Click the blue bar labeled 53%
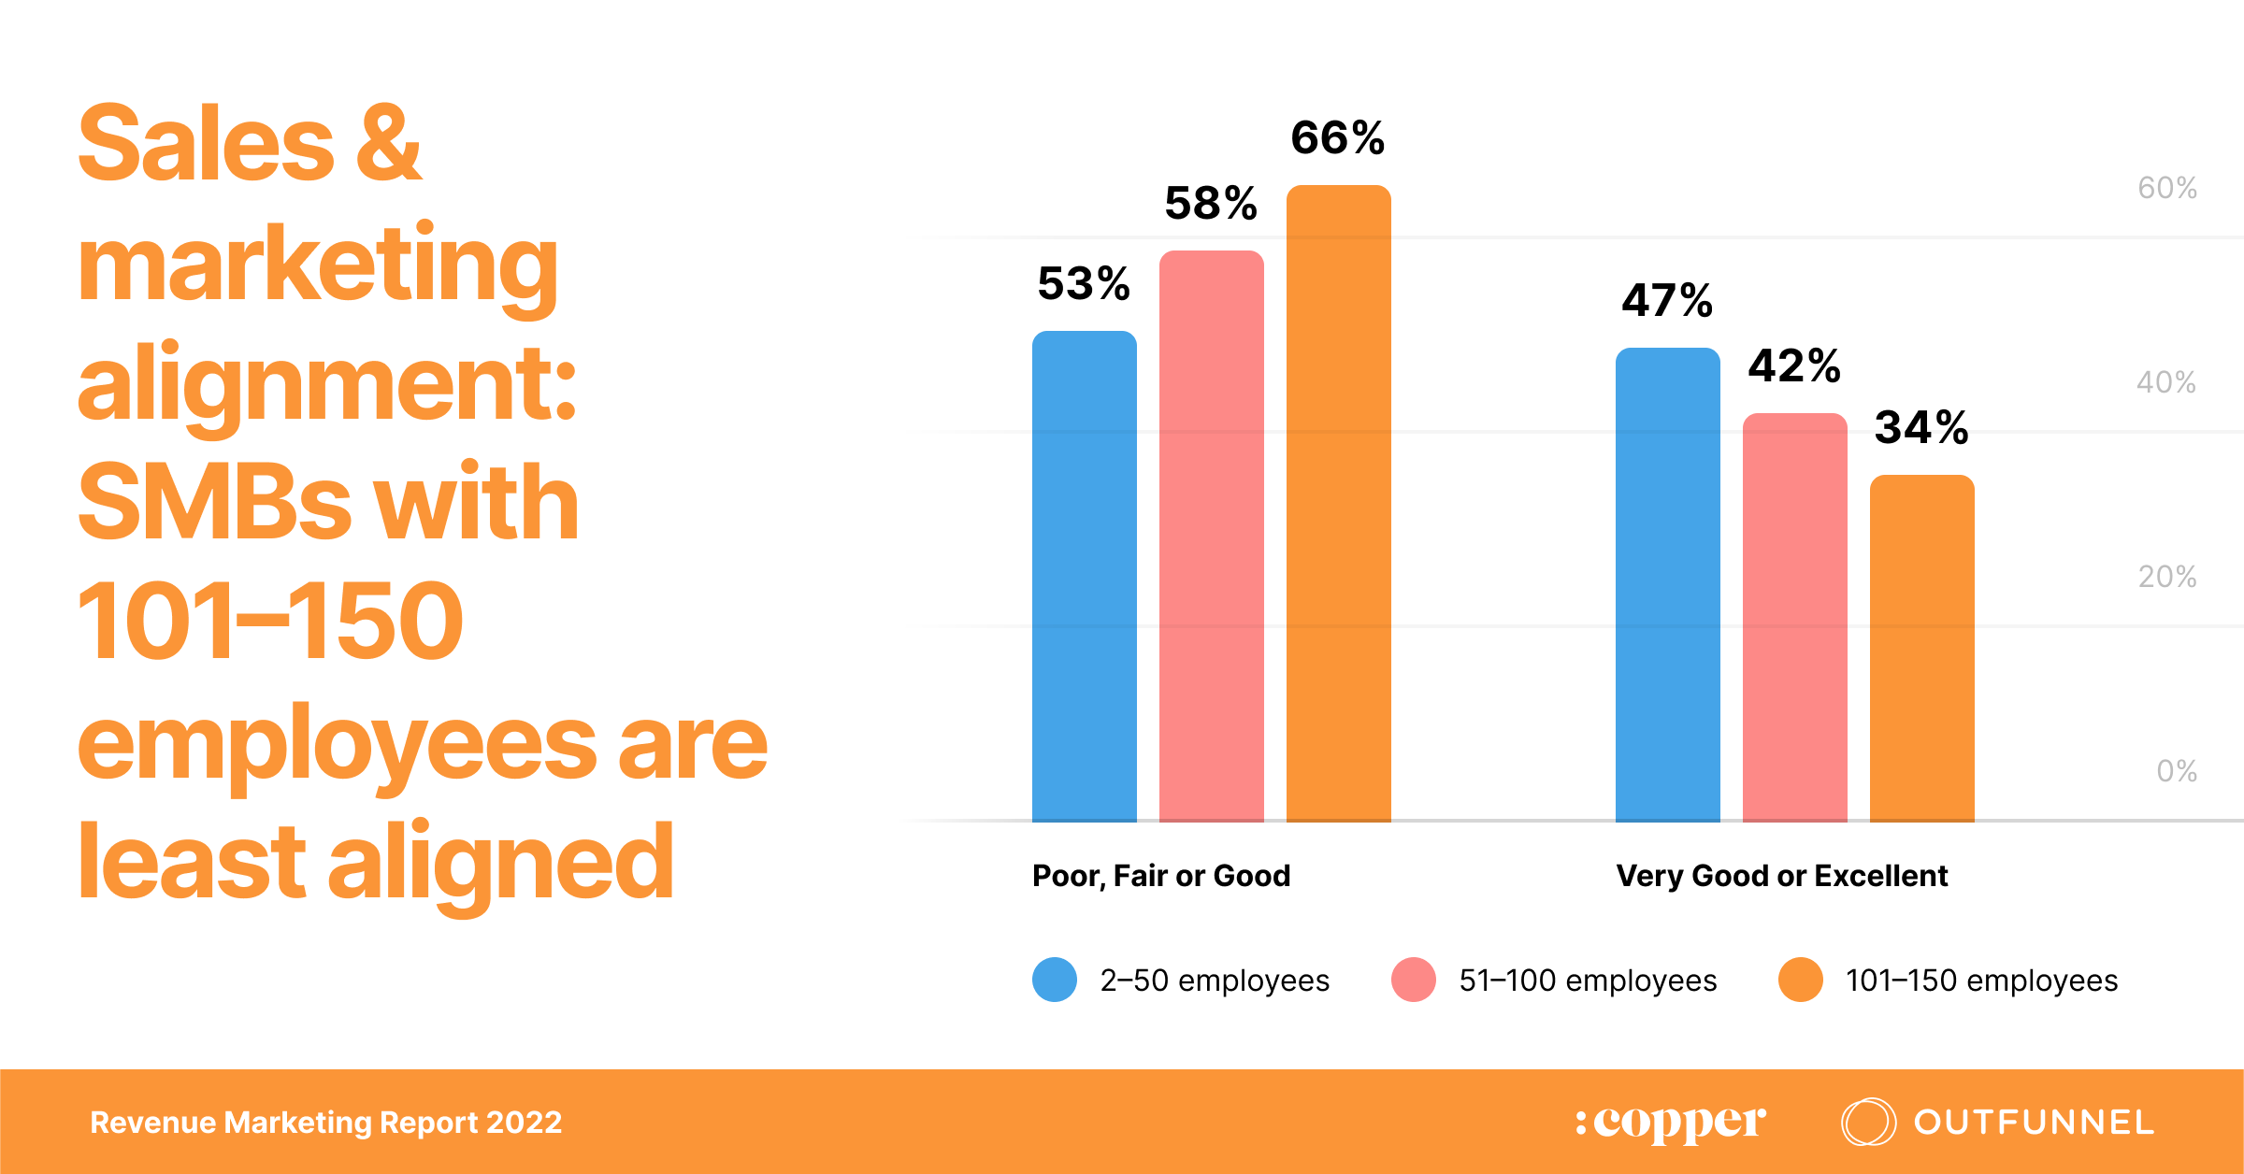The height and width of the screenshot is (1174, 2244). click(x=1084, y=576)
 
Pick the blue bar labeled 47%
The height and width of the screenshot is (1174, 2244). click(x=1667, y=584)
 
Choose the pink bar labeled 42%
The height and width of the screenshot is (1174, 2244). click(x=1794, y=617)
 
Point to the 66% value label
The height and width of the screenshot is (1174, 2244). click(x=1337, y=138)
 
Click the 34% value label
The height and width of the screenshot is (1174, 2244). click(x=1921, y=428)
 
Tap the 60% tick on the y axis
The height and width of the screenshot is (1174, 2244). click(x=2166, y=188)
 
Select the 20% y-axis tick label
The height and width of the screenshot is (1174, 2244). click(x=2166, y=577)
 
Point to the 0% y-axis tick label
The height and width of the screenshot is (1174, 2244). click(x=2176, y=771)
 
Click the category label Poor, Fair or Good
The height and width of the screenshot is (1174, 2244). click(x=1161, y=876)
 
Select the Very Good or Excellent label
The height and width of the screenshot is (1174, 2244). click(x=1781, y=876)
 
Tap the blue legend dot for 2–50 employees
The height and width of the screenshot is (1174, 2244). click(x=1055, y=980)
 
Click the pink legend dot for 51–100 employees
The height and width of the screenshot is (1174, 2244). click(x=1414, y=980)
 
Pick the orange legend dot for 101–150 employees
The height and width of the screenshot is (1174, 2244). click(x=1801, y=980)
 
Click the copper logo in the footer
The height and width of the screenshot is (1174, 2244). click(x=1671, y=1122)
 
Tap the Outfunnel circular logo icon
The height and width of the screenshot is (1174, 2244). click(x=1868, y=1122)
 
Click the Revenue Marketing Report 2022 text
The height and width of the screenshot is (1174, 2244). click(x=325, y=1122)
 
